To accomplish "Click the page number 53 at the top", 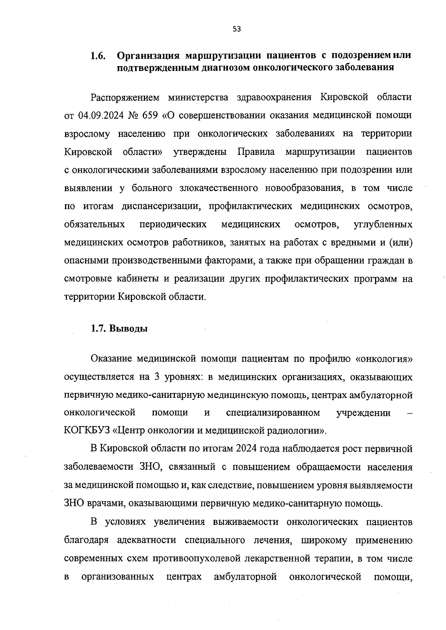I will (x=237, y=29).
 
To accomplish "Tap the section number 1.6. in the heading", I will (x=98, y=56).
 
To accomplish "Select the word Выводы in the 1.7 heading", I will (x=129, y=329).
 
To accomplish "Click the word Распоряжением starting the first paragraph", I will (x=125, y=97).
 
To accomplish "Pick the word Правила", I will (x=256, y=152).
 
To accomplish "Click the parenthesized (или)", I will (x=401, y=243).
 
